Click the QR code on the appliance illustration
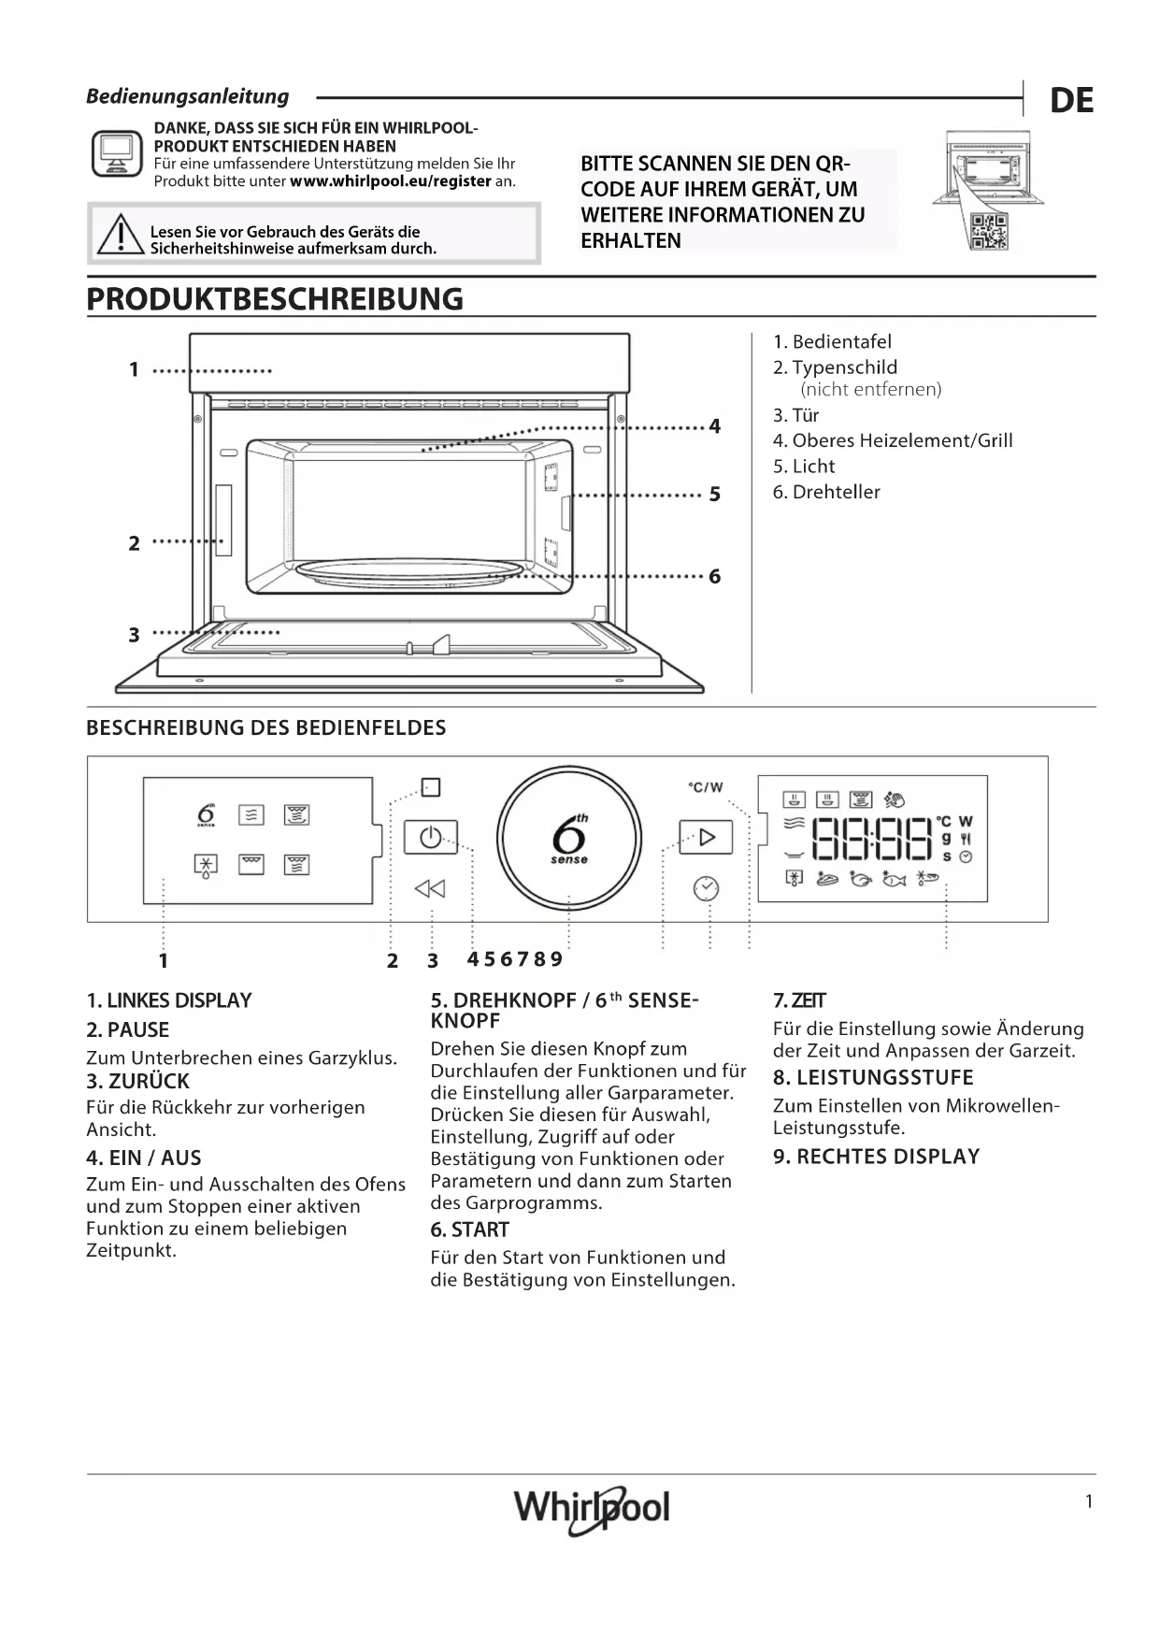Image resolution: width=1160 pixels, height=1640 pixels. (988, 232)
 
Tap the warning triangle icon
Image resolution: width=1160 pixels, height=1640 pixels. (119, 235)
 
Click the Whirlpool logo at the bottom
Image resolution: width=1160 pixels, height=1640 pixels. (591, 1508)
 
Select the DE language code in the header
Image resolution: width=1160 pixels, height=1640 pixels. (1071, 101)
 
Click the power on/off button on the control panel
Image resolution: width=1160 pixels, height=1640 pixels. (430, 837)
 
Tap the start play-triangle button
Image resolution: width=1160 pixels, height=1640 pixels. (706, 837)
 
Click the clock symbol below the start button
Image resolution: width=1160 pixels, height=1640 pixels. (706, 888)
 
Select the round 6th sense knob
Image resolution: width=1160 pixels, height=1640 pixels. (569, 838)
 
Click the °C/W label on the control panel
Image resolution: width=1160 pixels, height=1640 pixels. (706, 787)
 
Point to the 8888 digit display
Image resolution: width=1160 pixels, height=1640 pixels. (872, 839)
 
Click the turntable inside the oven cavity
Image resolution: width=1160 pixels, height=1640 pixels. (408, 572)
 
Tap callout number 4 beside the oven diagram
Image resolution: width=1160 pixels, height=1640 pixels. (715, 426)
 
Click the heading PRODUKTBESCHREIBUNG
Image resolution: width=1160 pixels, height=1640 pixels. (275, 299)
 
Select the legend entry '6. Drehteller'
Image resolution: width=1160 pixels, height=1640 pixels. (826, 492)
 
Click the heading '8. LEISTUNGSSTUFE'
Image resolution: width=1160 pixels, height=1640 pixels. (873, 1077)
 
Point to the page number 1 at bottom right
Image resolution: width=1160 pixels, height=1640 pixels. (1089, 1503)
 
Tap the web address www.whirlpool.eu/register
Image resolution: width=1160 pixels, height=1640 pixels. (390, 181)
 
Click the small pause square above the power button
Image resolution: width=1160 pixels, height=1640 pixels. (431, 787)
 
